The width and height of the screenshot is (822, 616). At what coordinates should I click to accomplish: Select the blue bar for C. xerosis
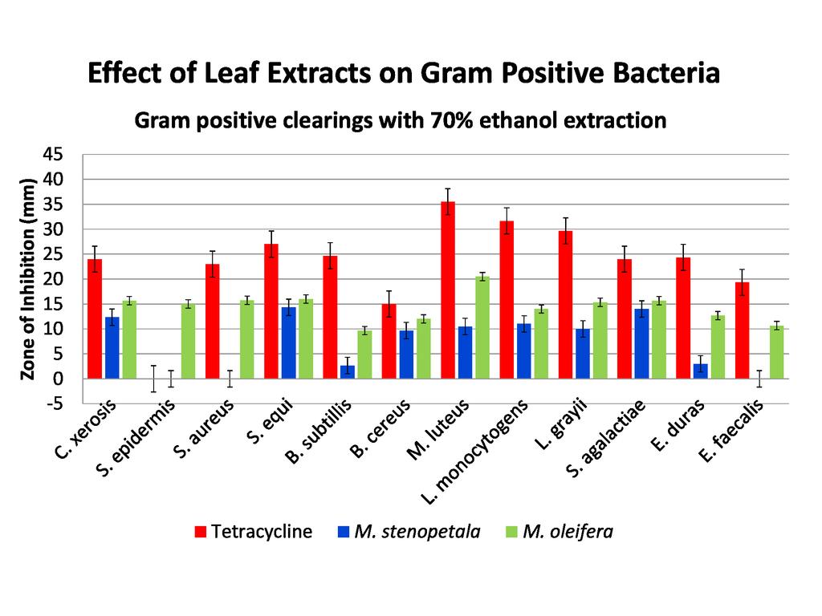(112, 347)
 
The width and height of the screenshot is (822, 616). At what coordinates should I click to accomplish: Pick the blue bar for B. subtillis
(347, 371)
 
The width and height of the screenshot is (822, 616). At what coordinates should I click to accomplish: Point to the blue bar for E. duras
(700, 371)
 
